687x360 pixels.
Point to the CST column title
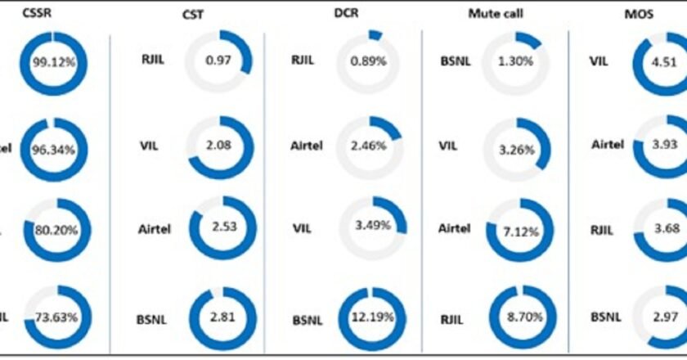tap(193, 16)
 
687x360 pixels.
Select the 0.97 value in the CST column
tap(219, 61)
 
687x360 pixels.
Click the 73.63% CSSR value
tap(55, 317)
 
